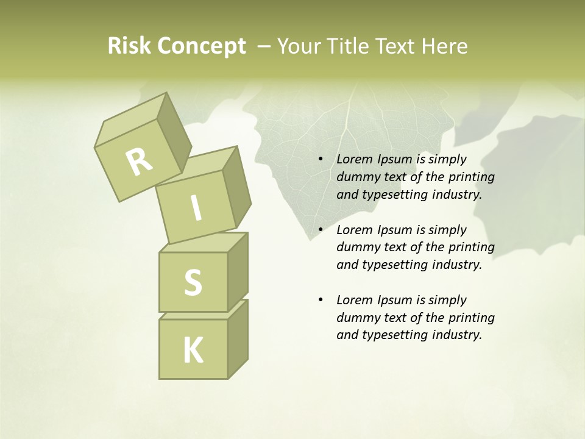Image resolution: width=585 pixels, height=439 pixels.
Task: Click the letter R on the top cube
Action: click(140, 162)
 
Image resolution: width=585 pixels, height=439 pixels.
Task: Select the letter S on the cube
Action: click(193, 282)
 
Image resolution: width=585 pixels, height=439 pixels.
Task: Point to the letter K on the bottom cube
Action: click(193, 351)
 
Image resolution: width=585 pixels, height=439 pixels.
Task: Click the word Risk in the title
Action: click(129, 46)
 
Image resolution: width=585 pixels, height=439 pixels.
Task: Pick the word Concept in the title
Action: click(201, 46)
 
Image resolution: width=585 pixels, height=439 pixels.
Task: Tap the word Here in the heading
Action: click(445, 46)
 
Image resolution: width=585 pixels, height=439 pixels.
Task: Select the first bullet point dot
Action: click(321, 160)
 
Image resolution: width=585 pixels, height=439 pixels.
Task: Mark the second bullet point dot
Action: click(321, 230)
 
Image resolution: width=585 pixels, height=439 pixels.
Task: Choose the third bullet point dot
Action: click(321, 301)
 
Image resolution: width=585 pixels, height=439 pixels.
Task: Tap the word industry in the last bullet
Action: click(457, 335)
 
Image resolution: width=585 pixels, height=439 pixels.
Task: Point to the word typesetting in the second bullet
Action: click(396, 265)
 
